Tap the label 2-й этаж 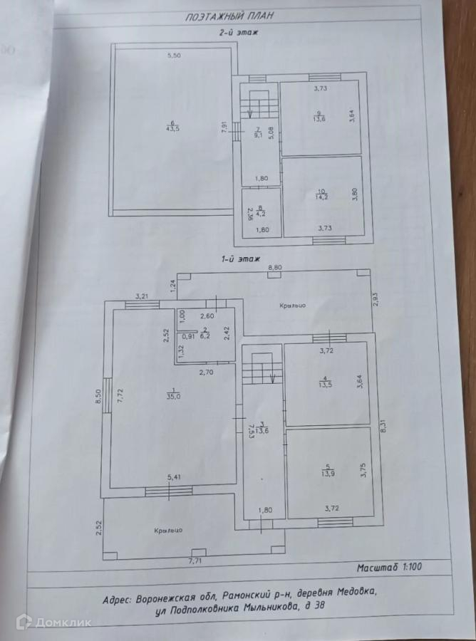[238, 33]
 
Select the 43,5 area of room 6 [172, 128]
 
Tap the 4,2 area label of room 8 [261, 213]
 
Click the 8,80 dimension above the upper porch [274, 267]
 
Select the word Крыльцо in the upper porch [293, 304]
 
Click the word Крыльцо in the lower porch [169, 531]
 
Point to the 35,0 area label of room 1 [172, 397]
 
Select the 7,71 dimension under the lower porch [195, 562]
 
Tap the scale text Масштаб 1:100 [391, 569]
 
